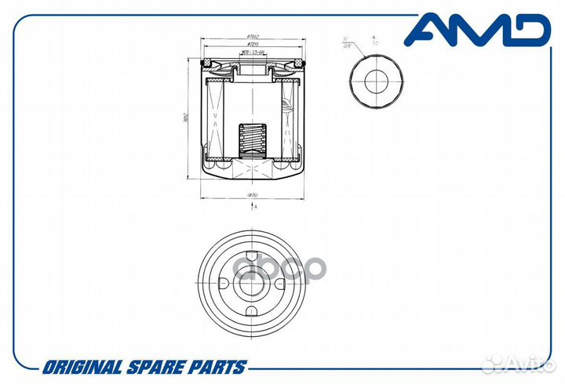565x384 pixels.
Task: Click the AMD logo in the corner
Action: click(476, 30)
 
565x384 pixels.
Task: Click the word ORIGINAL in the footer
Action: click(81, 367)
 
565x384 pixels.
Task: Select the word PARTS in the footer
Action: click(217, 367)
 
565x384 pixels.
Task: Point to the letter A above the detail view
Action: click(374, 37)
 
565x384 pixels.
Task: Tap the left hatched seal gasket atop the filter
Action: click(210, 63)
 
